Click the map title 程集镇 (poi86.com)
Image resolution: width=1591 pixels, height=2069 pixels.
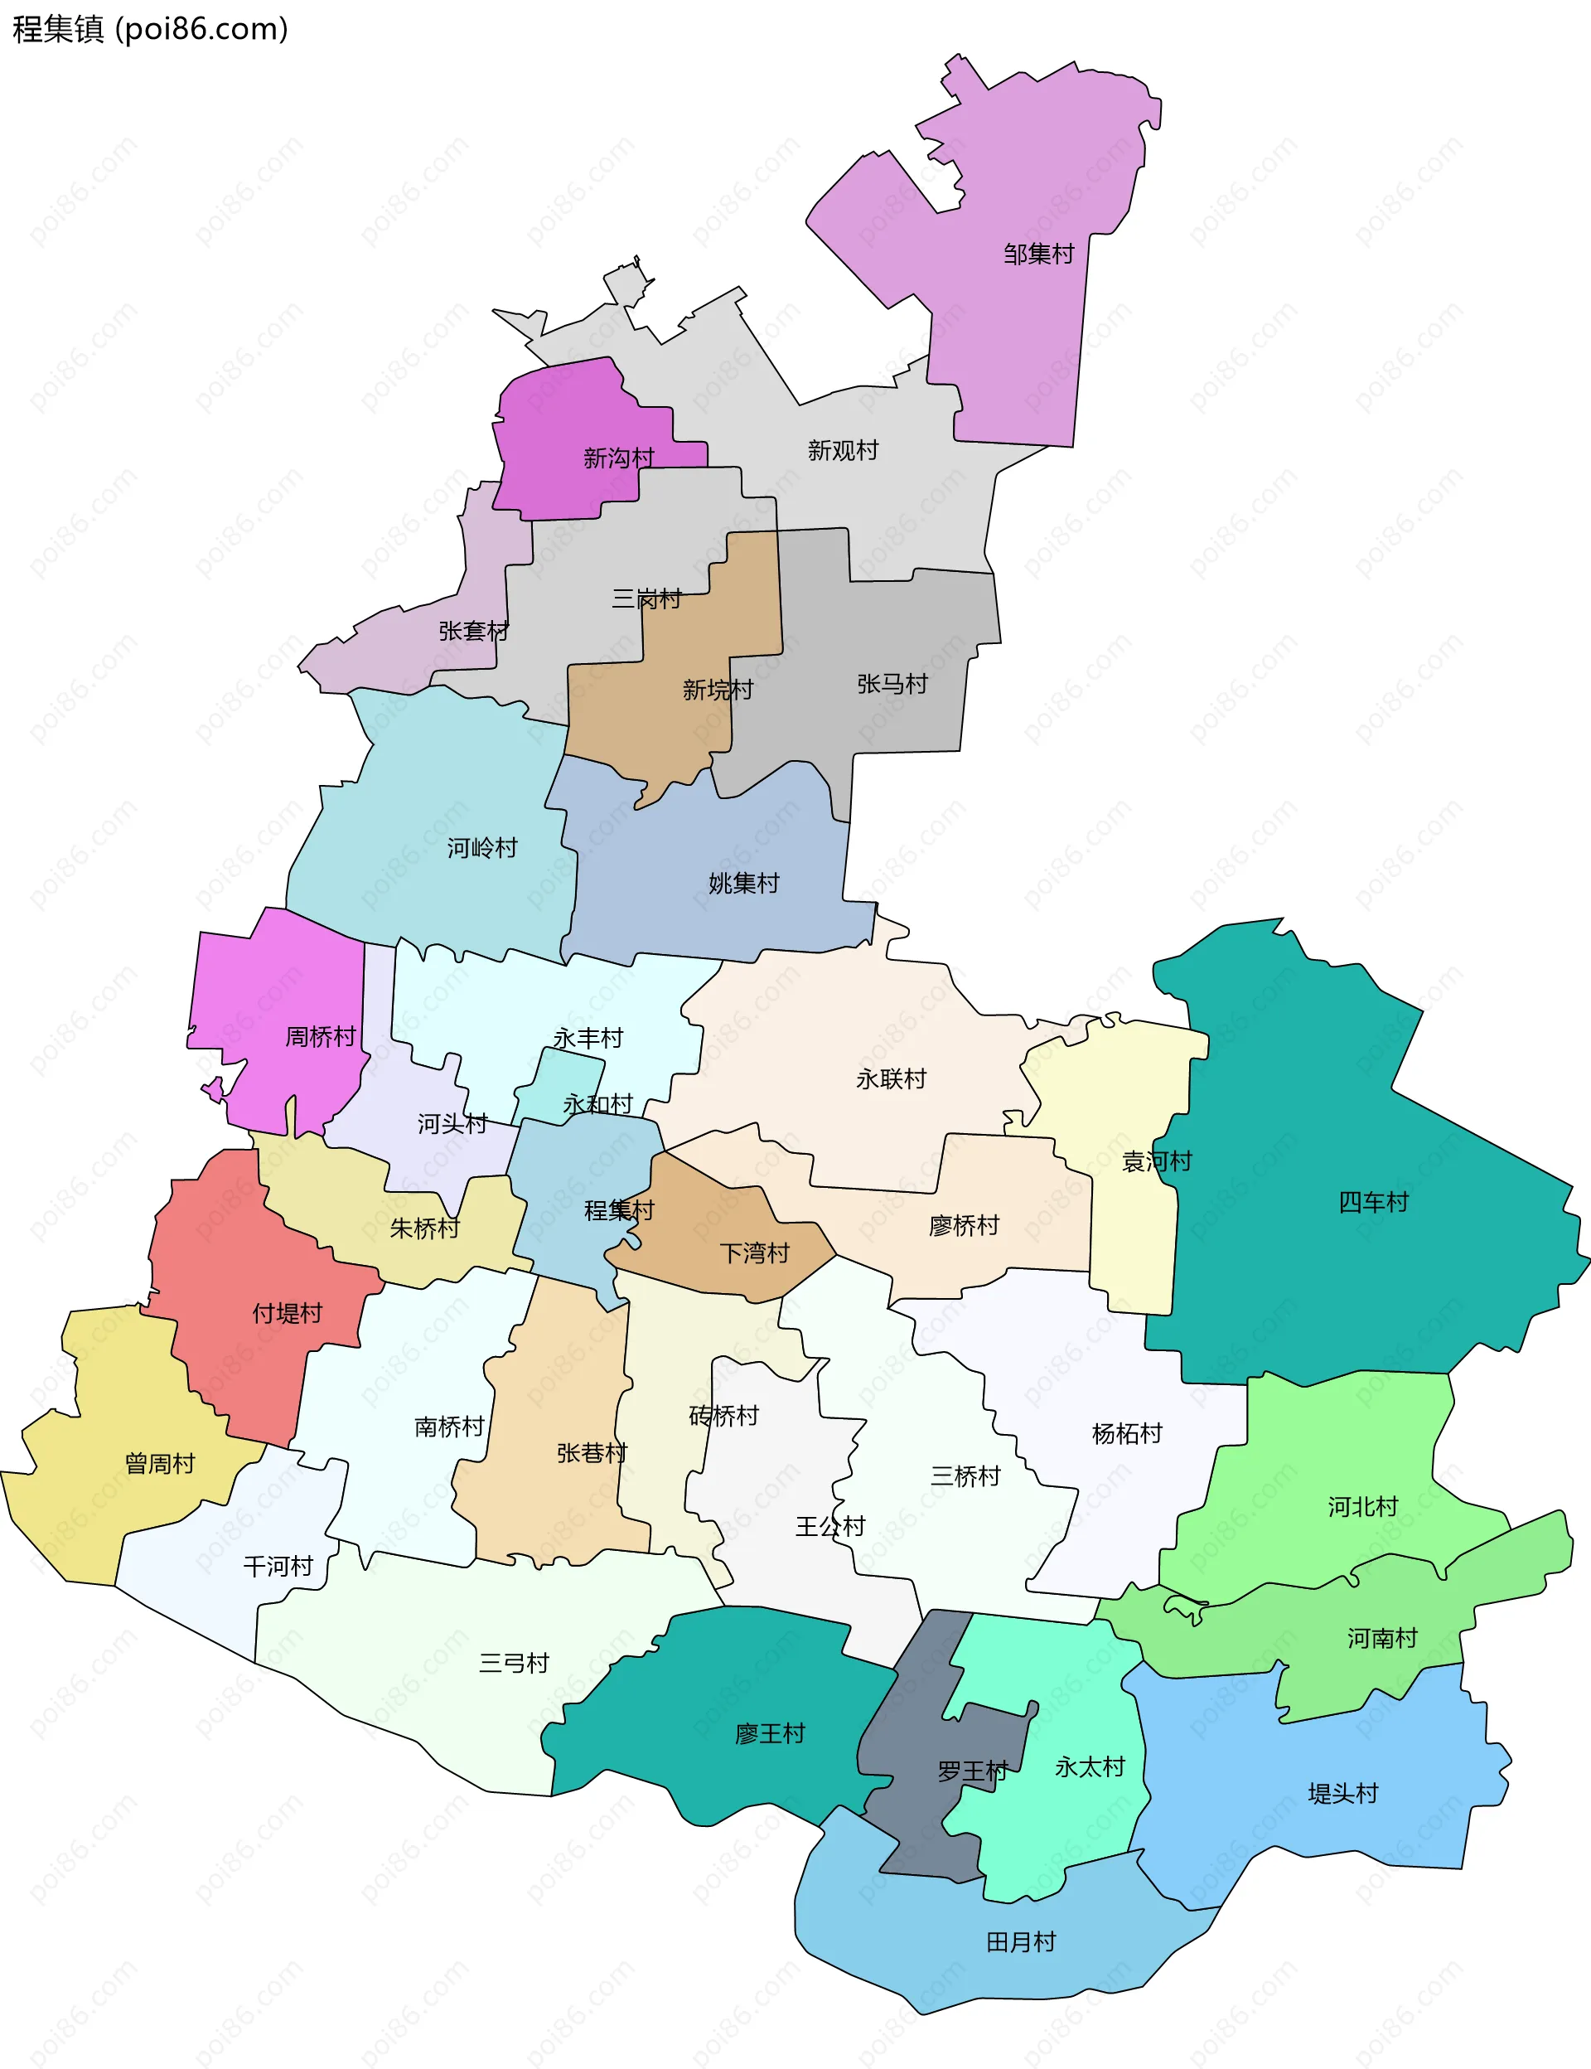tap(150, 29)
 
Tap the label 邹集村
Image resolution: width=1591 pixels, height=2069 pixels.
tap(1039, 254)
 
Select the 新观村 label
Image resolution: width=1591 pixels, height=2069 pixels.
tap(843, 450)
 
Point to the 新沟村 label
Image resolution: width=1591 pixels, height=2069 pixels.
tap(618, 458)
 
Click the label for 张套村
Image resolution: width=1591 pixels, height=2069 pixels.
tap(473, 631)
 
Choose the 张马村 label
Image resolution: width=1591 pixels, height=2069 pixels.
tap(892, 684)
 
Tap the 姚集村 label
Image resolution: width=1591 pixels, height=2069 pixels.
tap(743, 883)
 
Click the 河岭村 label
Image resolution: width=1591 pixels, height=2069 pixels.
tap(482, 847)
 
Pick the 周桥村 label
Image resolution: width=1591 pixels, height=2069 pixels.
tap(320, 1036)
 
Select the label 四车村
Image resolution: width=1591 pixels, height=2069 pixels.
tap(1373, 1202)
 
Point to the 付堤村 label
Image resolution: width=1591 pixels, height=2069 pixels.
tap(287, 1313)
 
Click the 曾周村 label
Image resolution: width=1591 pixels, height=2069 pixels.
tap(160, 1464)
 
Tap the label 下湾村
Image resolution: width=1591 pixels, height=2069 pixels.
tap(755, 1253)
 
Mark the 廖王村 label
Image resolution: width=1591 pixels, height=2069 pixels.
tap(770, 1733)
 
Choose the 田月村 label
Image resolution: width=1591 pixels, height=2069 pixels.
tap(1021, 1942)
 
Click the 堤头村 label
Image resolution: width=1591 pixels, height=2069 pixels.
tap(1343, 1793)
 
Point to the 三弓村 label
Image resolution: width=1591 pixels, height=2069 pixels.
tap(515, 1663)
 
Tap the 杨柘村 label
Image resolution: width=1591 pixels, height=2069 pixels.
tap(1127, 1433)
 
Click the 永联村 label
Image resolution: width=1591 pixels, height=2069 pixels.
tap(891, 1079)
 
